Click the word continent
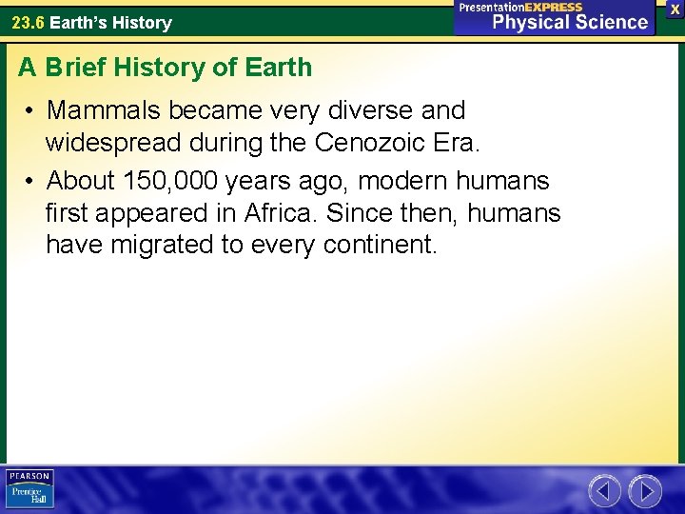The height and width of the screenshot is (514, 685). point(381,246)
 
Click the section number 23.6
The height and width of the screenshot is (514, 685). point(28,22)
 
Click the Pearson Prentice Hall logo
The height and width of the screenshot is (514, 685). point(29,489)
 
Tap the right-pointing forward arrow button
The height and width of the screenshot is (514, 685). point(645,491)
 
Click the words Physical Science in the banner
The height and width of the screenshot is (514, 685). point(569,22)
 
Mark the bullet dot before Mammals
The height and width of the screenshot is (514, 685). point(31,111)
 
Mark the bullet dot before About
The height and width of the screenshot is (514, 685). point(31,181)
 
